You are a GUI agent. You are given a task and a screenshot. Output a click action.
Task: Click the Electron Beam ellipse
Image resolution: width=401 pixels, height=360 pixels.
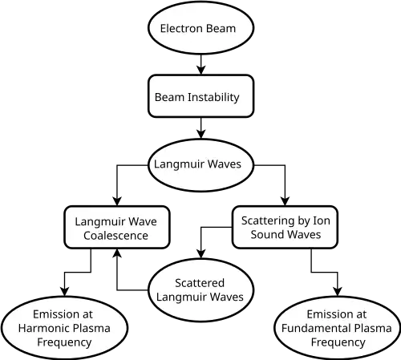pos(200,28)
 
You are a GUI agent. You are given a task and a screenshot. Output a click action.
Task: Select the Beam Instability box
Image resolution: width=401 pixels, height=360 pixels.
pos(200,96)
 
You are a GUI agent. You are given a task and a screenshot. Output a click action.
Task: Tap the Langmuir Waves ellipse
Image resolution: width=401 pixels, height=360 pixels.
pos(200,165)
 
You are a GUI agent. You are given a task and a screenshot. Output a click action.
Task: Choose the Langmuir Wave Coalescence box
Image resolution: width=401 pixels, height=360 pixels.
pos(117,227)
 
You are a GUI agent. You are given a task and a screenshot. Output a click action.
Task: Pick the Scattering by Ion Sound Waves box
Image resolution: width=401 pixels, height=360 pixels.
pos(285,227)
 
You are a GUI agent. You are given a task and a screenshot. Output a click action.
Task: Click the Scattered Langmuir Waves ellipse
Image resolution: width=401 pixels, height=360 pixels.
pos(200,290)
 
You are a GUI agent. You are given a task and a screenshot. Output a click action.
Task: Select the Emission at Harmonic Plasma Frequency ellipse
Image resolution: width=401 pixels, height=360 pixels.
pos(64,328)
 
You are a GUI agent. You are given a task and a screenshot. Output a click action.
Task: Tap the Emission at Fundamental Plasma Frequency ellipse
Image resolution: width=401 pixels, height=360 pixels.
pos(338,328)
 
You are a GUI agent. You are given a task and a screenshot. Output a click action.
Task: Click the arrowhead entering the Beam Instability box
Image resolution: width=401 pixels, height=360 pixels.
pos(200,71)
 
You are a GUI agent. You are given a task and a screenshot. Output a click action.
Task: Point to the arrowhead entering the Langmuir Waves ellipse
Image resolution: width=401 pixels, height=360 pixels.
pos(200,135)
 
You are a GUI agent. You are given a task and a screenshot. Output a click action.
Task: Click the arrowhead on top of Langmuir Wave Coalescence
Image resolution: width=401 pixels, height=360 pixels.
pos(117,201)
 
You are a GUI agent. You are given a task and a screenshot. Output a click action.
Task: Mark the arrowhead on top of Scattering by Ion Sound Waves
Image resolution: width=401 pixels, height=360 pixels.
pos(285,201)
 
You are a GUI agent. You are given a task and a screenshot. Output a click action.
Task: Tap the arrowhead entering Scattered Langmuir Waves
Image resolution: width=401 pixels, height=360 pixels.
pos(200,254)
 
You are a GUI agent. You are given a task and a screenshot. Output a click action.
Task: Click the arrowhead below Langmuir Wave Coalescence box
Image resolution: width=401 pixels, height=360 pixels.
pos(117,253)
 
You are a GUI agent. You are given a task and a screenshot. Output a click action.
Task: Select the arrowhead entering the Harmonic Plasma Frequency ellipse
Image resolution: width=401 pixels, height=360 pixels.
pos(64,292)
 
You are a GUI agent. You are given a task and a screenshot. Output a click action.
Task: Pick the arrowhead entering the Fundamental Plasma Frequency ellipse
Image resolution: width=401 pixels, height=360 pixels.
pos(338,292)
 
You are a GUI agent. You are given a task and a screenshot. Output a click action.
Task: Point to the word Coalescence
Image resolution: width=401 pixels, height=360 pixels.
pos(115,236)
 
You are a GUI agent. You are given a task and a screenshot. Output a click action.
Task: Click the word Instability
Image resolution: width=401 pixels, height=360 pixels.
pos(213,97)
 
